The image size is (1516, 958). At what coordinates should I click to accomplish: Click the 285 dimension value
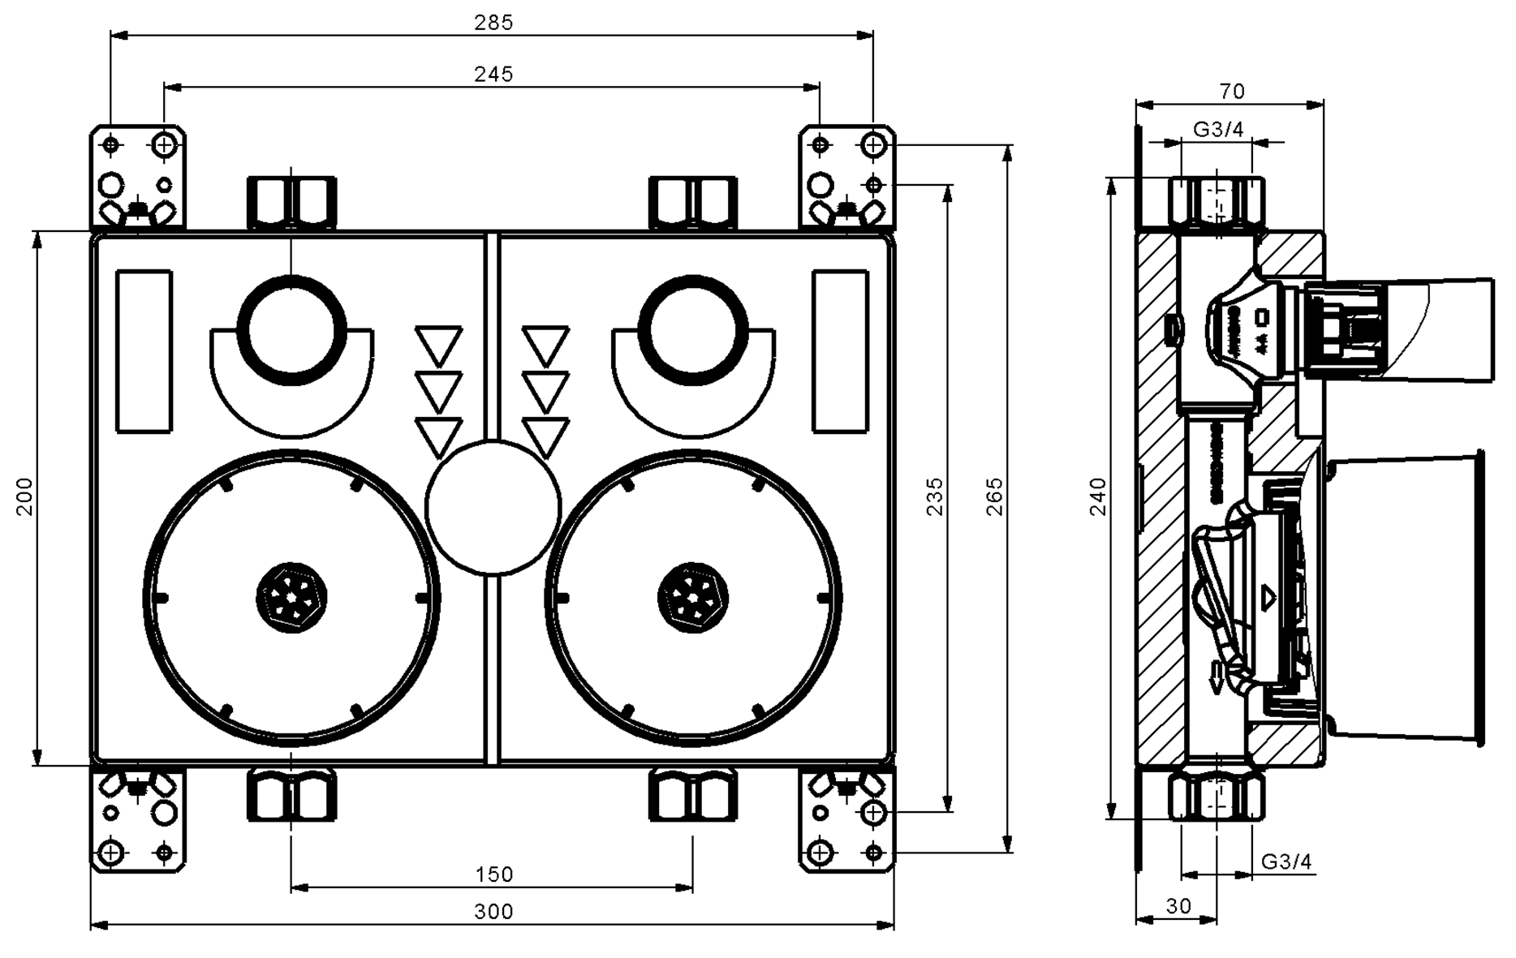click(x=493, y=22)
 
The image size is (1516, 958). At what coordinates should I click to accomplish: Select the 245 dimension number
click(x=493, y=74)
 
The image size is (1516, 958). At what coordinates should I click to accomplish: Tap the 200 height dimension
click(x=24, y=496)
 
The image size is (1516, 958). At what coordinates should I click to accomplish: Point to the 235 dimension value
click(x=935, y=496)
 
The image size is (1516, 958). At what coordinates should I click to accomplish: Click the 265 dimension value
click(x=994, y=496)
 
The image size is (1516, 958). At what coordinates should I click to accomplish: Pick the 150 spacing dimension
click(x=493, y=874)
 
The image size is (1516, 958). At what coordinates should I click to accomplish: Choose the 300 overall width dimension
click(x=493, y=912)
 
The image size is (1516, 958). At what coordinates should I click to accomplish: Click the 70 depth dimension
click(x=1231, y=91)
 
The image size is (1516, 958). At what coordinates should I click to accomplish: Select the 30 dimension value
click(x=1178, y=905)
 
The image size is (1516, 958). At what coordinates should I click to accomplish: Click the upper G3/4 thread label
click(x=1217, y=129)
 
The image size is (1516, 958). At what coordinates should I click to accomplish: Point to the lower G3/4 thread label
click(x=1286, y=861)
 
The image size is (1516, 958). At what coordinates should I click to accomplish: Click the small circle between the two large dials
click(x=493, y=508)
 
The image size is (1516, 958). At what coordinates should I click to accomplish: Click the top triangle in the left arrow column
click(x=438, y=345)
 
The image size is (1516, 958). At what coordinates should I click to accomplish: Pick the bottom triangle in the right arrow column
click(x=545, y=436)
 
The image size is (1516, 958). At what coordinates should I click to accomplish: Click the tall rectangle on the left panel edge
click(x=144, y=351)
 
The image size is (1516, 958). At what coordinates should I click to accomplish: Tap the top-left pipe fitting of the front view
click(x=291, y=203)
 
